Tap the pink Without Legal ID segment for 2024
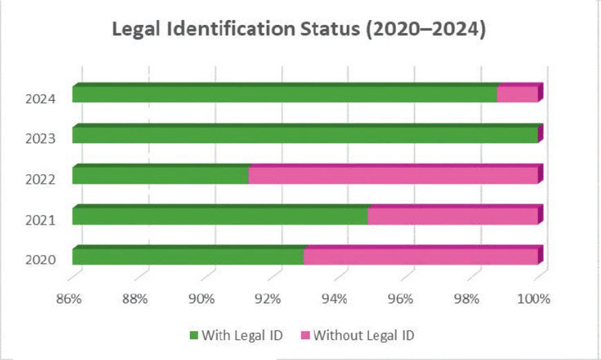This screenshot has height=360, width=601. click(x=517, y=95)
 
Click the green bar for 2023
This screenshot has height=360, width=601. click(x=304, y=135)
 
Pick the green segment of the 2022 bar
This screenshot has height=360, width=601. click(x=160, y=176)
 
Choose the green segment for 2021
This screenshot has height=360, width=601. click(x=220, y=217)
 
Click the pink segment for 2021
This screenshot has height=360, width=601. click(x=452, y=217)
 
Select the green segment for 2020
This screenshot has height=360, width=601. click(x=188, y=257)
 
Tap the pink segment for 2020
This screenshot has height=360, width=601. click(x=420, y=257)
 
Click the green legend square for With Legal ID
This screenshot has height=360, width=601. click(x=193, y=336)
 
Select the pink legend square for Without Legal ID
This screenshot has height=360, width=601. click(x=305, y=336)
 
